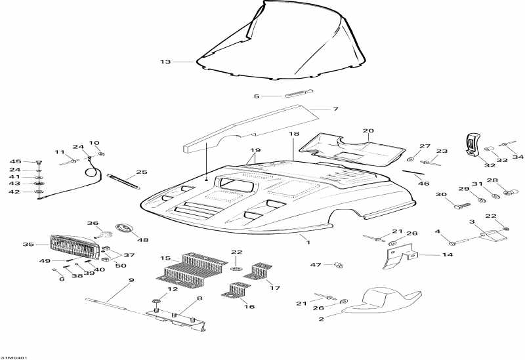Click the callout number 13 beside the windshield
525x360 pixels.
pos(165,62)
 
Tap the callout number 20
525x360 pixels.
pos(368,130)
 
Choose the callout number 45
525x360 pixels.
pos(15,161)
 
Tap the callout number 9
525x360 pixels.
pos(131,281)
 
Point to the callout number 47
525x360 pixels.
pos(316,264)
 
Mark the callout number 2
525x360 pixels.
pos(321,319)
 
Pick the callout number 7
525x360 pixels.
pos(335,109)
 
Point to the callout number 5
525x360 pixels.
pos(257,96)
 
